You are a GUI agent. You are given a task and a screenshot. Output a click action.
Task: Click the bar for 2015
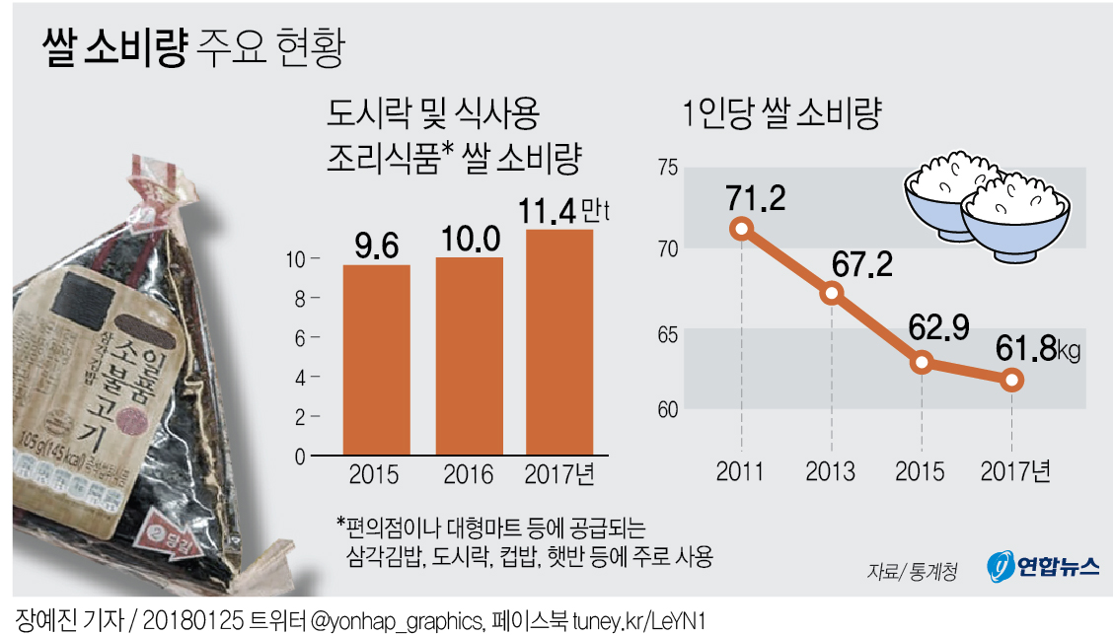coord(376,360)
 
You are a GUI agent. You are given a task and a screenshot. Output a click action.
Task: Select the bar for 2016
coord(469,356)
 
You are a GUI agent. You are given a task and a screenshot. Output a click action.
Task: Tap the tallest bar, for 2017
coord(559,342)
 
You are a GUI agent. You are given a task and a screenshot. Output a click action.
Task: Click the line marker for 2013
coord(831,293)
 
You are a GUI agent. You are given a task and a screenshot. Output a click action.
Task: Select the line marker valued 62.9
coord(922,362)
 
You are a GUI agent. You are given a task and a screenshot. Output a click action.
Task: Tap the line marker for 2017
coord(1011,380)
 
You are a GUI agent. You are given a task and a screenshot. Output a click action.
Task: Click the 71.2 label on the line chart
coord(758,199)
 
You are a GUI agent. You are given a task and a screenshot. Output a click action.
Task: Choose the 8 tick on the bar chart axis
coord(316,298)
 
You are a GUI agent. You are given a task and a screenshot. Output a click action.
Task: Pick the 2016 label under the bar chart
coord(469,475)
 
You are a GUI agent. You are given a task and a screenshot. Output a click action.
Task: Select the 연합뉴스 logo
coord(1043,566)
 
